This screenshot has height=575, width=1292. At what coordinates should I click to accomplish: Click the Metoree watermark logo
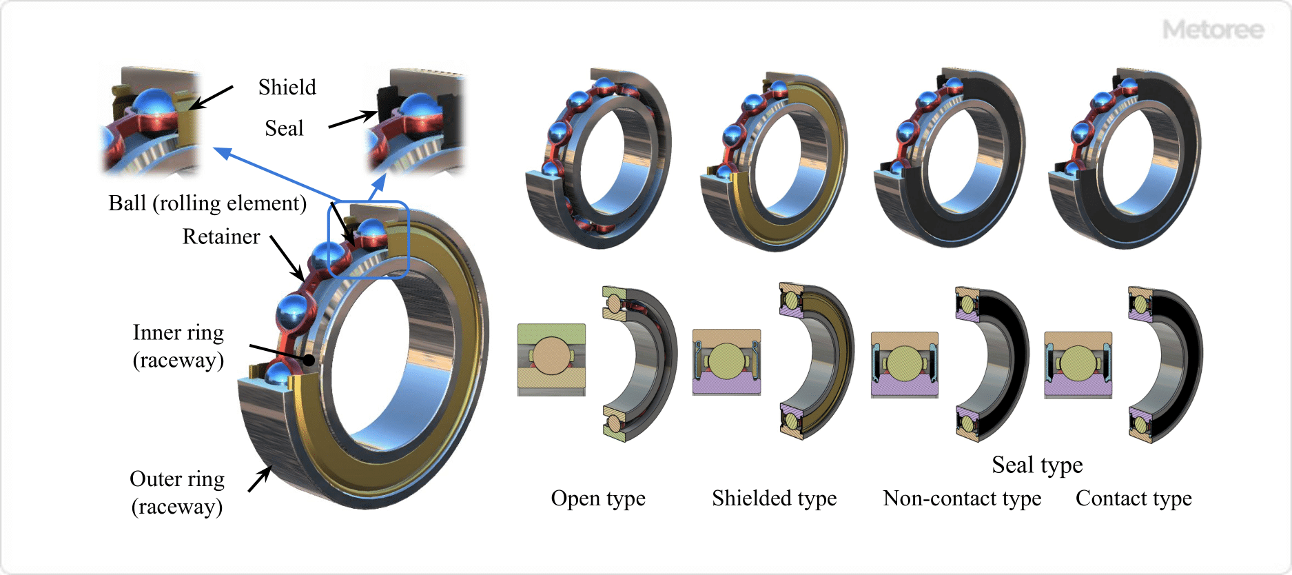[1213, 30]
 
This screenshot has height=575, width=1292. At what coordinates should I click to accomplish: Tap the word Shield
[287, 88]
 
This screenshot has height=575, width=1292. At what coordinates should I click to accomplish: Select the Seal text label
[284, 128]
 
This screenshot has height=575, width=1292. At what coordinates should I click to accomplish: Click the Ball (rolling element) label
[207, 203]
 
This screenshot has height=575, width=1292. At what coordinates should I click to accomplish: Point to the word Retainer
[221, 236]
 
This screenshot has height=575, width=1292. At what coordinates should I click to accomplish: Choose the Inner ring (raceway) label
[178, 346]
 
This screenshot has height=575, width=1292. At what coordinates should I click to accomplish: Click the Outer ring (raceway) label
[177, 492]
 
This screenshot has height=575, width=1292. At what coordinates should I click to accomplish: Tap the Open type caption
[598, 498]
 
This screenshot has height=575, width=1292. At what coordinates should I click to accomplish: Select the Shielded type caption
[774, 498]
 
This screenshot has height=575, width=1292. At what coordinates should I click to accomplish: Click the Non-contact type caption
[962, 498]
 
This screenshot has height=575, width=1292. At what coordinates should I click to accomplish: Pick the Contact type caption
[1134, 498]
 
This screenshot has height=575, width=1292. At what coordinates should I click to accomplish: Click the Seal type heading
[1037, 465]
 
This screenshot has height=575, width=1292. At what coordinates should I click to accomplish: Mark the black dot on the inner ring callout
[309, 359]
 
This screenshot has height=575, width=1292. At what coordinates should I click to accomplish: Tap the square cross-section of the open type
[551, 359]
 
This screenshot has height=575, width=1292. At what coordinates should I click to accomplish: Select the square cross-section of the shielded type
[726, 362]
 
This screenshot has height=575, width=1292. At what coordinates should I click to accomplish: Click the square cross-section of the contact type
[1078, 364]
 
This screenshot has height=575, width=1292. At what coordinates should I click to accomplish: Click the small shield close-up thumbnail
[150, 121]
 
